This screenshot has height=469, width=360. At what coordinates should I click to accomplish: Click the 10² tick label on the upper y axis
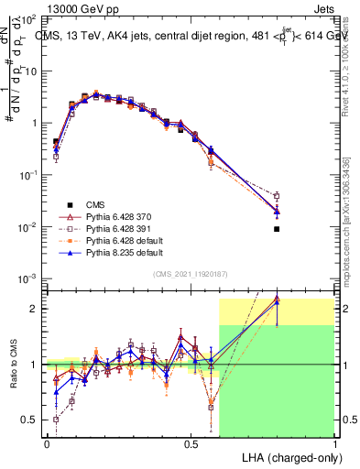coord(29,19)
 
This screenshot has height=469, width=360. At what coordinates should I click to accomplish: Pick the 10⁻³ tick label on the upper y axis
coord(28,278)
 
